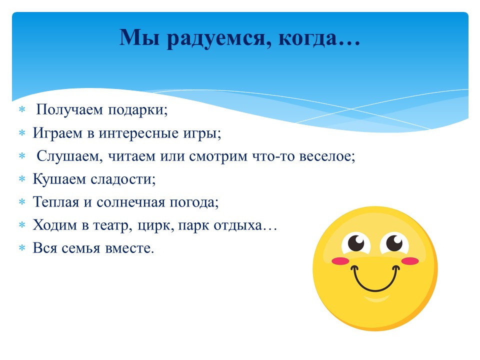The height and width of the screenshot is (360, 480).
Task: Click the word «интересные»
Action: [x=138, y=133]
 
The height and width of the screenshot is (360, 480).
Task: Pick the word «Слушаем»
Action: [x=70, y=156]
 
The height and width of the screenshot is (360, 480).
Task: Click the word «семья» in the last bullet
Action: [x=81, y=248]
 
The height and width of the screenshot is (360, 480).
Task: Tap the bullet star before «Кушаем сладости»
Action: [x=22, y=179]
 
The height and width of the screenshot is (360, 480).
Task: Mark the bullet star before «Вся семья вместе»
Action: [x=22, y=247]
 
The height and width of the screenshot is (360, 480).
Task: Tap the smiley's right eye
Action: [x=394, y=243]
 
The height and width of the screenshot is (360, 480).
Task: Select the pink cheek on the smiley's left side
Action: [x=340, y=261]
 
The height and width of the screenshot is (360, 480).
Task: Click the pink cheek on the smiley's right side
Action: [x=410, y=261]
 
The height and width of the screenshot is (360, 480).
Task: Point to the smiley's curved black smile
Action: [x=375, y=290]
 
